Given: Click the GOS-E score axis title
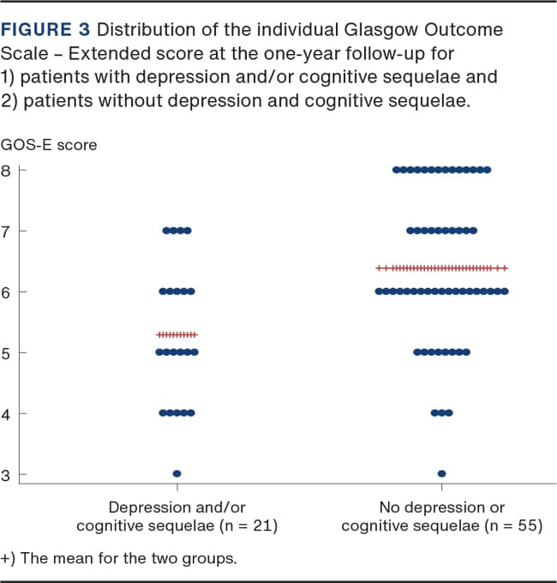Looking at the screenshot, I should click(x=49, y=145).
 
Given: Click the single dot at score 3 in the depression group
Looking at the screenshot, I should click(x=177, y=473).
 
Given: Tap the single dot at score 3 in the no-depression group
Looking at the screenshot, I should click(x=441, y=473).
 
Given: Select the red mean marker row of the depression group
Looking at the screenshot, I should click(x=177, y=334).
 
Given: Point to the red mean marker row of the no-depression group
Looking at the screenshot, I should click(x=441, y=268).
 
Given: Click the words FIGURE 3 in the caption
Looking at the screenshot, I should click(x=49, y=33).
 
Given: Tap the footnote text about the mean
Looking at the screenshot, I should click(x=120, y=559).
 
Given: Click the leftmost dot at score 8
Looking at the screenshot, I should click(x=395, y=170).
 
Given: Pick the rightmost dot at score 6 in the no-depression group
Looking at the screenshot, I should click(x=505, y=291).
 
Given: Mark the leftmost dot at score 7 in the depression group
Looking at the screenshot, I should click(x=165, y=231).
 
